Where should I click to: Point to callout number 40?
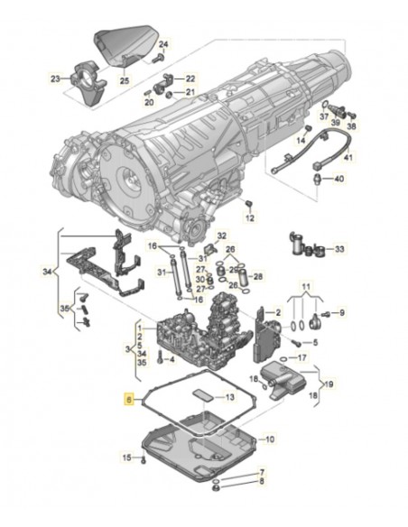point(338,179)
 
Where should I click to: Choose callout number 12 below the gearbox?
point(250,218)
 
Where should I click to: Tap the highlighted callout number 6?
point(130,397)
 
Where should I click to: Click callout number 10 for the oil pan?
point(267,439)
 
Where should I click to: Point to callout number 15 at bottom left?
point(126,458)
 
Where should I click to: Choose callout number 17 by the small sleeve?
point(304,357)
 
